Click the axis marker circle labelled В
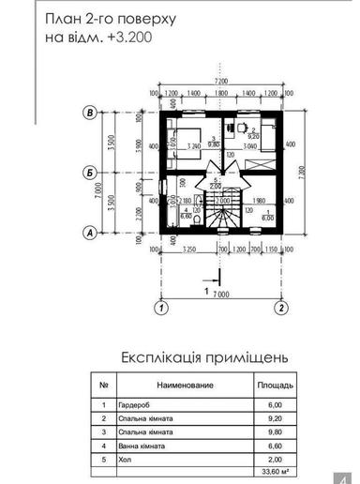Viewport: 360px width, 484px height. pos(90,113)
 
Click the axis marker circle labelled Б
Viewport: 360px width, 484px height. pos(90,172)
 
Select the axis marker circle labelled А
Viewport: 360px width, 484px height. pos(90,231)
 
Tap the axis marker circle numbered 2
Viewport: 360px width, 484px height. pos(279,307)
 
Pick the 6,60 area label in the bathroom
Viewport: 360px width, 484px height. pos(186,215)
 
